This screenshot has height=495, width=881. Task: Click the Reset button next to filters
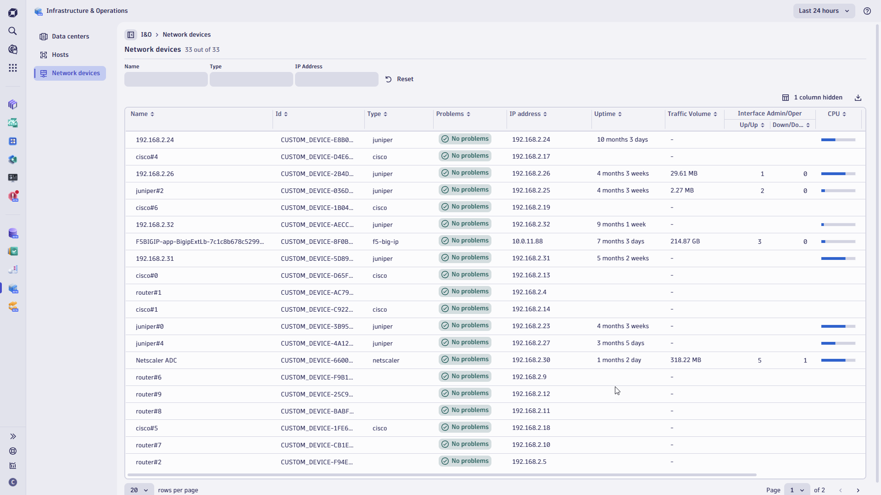399,79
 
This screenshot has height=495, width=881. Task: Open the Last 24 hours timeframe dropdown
824,11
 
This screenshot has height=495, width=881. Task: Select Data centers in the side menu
70,37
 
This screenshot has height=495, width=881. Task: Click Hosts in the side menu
60,55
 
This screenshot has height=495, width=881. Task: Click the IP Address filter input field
336,79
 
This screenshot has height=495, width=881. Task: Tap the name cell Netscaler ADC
156,361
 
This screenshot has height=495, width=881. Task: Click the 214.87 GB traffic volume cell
685,242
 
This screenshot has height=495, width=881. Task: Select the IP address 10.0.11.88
527,242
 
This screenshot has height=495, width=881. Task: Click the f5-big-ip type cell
385,242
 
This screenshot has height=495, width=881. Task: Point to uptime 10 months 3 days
622,140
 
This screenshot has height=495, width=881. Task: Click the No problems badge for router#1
465,291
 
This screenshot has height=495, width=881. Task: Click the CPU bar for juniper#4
838,343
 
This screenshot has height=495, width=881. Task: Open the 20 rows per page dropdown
139,490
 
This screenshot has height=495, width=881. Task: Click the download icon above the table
858,98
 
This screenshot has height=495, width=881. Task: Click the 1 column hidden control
812,98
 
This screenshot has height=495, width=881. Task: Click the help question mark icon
867,11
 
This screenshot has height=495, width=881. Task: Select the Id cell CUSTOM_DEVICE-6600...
317,361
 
